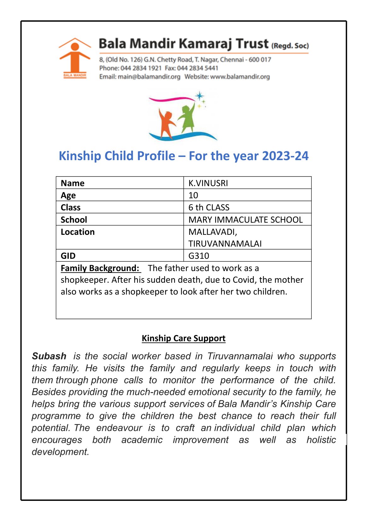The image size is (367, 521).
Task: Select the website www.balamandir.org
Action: coord(240,77)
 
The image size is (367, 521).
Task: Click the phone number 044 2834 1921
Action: coord(141,68)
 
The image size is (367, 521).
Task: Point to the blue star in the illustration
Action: coord(199,96)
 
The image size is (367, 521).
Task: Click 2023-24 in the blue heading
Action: coord(285,156)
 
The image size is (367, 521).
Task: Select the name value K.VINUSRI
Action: coord(208,183)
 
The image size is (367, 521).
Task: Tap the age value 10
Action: coord(193,195)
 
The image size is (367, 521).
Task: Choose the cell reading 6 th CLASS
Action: coord(209,207)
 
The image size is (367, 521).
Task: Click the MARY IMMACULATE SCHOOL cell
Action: coord(245,220)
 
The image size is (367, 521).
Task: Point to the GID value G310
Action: coord(199,256)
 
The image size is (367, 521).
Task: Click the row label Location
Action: coord(78,232)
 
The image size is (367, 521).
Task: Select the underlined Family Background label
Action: coord(100,268)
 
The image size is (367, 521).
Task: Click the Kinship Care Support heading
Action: coord(183,338)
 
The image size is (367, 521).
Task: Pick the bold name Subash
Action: coord(49,356)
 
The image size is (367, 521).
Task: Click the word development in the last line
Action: coord(60,452)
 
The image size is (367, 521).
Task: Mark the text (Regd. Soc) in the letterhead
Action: coord(290,46)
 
